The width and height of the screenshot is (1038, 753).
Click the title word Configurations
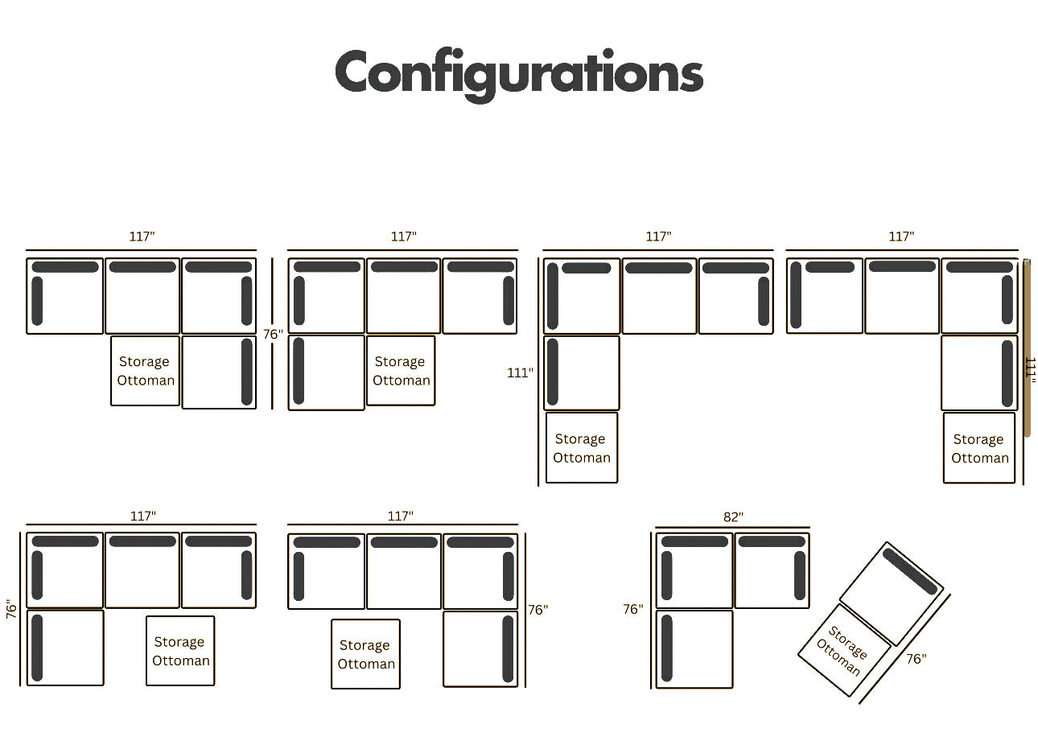519,73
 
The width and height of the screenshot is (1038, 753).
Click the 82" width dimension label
733,517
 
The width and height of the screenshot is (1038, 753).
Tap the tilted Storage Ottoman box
844,650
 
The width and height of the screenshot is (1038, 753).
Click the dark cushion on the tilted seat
910,570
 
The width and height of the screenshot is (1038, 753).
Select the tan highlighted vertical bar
1027,348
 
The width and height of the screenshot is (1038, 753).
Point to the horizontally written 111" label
520,372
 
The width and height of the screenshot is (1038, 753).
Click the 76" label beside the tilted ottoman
916,659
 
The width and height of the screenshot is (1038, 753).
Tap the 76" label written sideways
11,609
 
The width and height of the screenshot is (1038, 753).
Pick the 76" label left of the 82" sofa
633,609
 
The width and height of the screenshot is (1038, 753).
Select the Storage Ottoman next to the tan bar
979,448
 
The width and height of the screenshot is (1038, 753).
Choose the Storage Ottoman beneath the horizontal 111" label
582,448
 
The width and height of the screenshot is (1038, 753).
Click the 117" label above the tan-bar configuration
901,237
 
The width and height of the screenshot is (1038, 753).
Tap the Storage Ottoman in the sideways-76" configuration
180,651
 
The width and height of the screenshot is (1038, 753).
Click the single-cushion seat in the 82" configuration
694,648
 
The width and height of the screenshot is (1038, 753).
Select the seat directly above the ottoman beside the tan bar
979,373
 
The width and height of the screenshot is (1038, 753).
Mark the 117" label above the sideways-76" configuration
143,516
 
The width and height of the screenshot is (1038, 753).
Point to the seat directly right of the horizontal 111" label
582,373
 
